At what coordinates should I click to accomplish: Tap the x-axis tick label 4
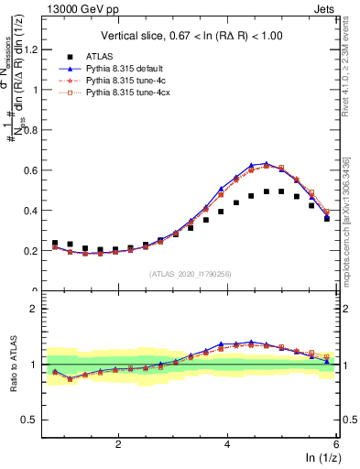[227, 443]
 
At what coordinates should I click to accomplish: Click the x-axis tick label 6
[336, 443]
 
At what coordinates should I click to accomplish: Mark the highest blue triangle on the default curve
[266, 164]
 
